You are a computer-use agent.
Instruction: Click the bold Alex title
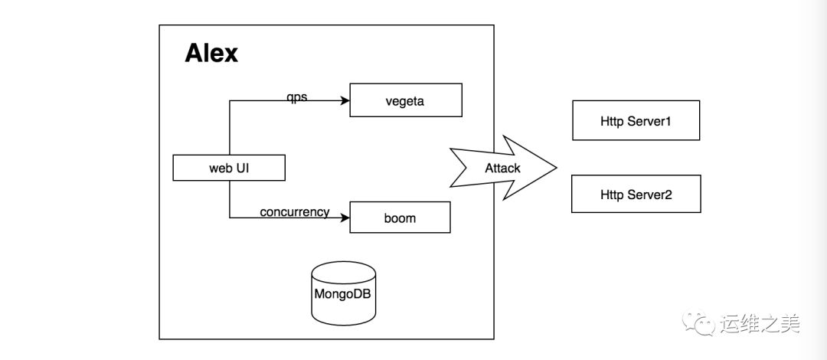pos(211,54)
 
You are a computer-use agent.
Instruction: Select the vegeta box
pos(406,100)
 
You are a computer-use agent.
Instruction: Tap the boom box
pos(400,218)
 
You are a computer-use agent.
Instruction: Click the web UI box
pos(229,168)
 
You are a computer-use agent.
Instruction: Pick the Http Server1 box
pos(636,120)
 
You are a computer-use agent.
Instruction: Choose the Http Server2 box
pos(636,194)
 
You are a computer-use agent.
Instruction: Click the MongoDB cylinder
pos(343,293)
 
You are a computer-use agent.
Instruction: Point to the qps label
pos(296,97)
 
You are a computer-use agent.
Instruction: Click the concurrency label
pos(294,211)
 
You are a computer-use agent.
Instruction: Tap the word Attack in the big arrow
pos(502,168)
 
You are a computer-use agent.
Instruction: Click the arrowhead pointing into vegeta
pos(345,100)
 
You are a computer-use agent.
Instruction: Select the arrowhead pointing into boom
pos(345,217)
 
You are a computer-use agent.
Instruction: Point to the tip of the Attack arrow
pos(557,168)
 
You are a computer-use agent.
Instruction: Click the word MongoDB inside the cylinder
pos(343,293)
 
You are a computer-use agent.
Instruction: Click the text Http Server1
pos(636,121)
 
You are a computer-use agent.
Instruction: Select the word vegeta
pos(405,101)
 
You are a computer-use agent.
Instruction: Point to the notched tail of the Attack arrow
pos(467,168)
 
